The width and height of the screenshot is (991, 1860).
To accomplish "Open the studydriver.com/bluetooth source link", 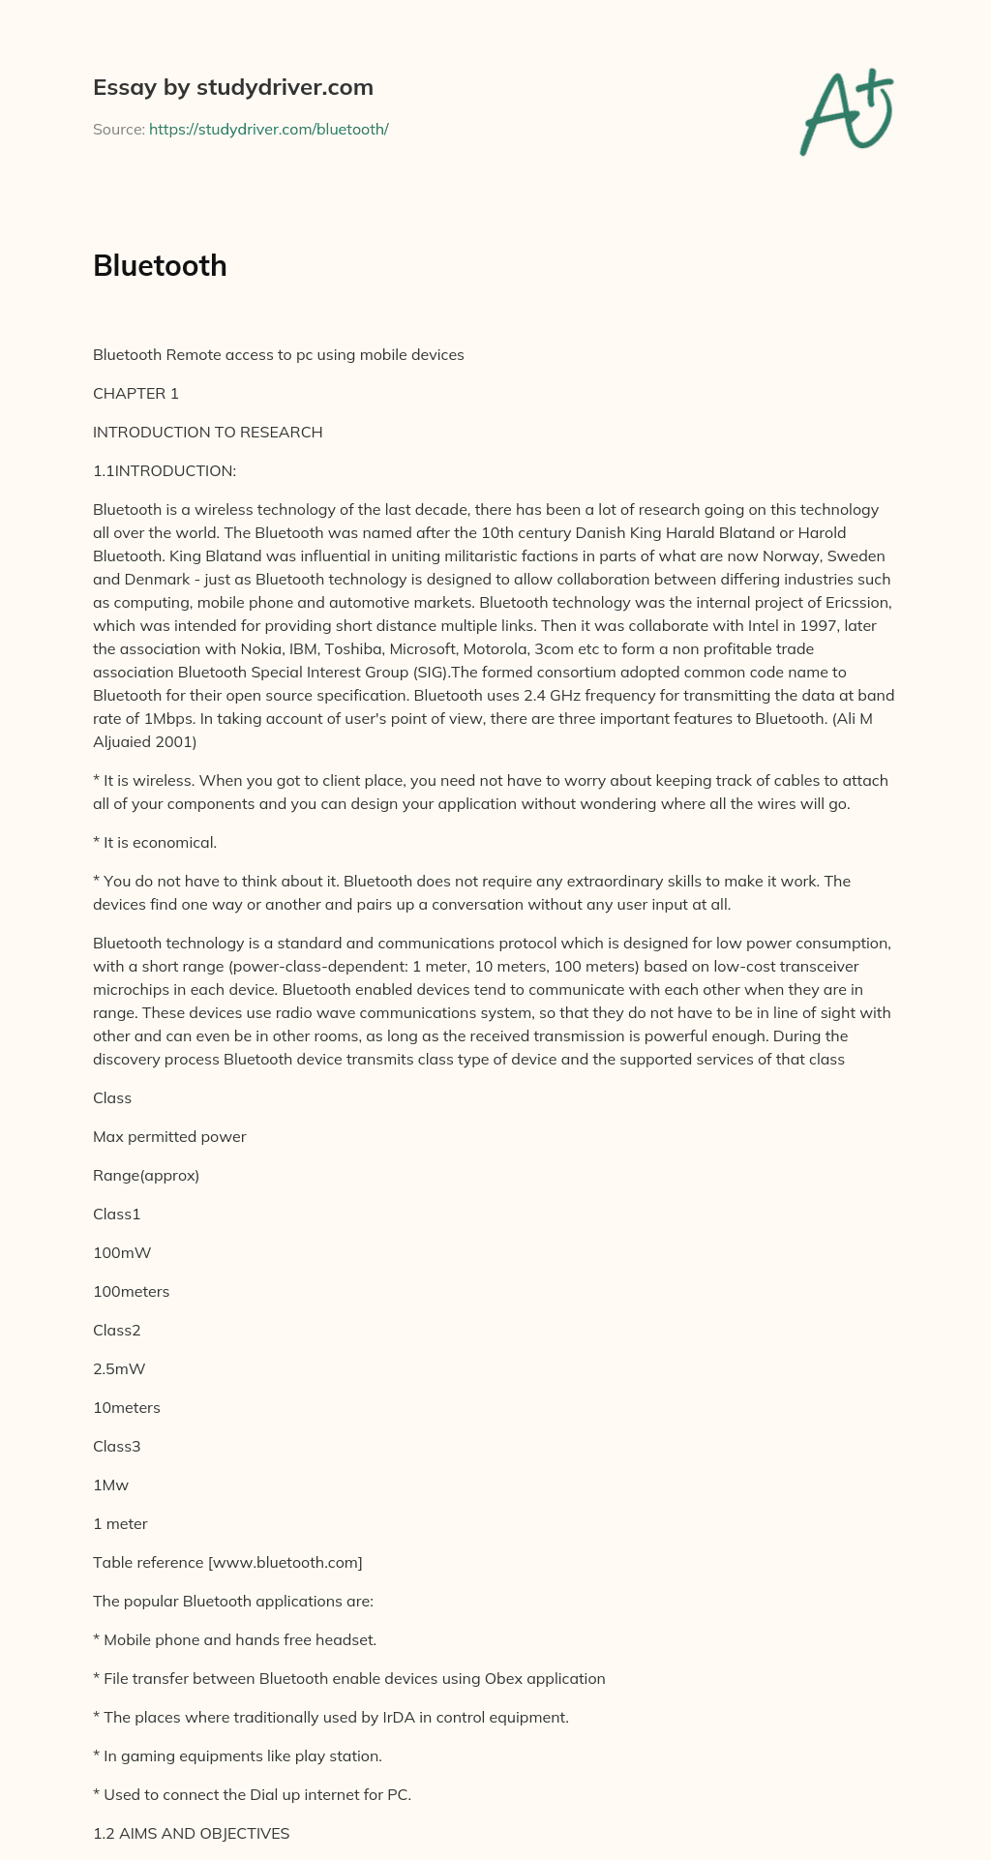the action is (268, 129).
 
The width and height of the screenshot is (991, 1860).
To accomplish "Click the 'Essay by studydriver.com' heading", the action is (232, 88).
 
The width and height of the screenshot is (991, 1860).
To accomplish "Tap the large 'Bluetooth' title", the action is (160, 266).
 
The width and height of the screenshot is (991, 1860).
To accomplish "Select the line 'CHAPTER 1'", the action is (135, 394).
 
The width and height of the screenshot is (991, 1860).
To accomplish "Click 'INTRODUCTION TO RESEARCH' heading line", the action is (207, 433).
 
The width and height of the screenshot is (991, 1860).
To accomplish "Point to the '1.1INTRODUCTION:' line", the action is (164, 471).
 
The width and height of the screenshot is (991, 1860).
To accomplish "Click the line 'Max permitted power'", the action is (169, 1137).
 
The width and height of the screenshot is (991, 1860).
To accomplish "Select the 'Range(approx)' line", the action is (146, 1176).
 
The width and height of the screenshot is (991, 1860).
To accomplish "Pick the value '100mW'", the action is (122, 1253).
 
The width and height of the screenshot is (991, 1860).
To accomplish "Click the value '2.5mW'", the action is (119, 1369).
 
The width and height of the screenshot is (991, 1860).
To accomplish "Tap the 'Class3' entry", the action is (117, 1447).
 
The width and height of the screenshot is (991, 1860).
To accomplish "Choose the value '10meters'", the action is (127, 1408).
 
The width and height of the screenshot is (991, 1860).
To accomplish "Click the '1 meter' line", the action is (120, 1524).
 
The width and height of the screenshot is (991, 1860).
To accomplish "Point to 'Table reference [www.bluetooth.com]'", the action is (227, 1563).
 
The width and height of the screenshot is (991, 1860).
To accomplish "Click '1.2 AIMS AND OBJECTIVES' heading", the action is (191, 1834).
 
